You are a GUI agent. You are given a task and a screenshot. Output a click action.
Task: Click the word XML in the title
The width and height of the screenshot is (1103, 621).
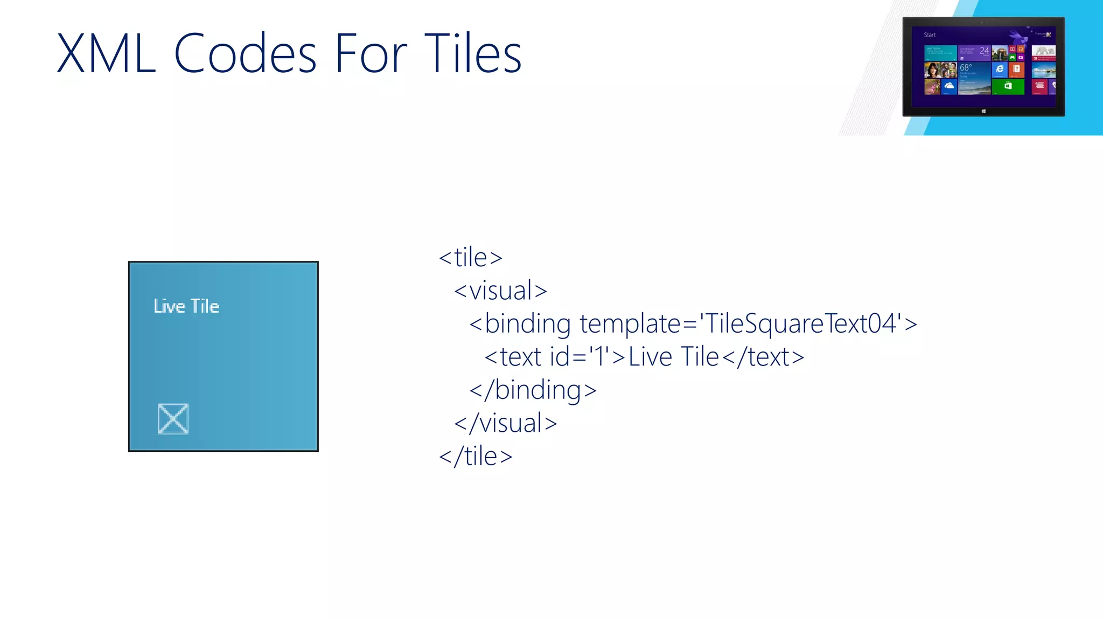[106, 53]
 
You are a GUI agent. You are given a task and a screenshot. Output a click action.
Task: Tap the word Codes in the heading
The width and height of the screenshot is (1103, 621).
[245, 53]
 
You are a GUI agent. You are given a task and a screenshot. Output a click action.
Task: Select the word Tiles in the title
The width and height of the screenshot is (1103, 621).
[472, 53]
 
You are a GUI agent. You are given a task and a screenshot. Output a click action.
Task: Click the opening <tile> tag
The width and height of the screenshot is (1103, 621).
[471, 258]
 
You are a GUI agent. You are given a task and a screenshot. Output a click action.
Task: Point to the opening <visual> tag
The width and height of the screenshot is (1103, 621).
[500, 291]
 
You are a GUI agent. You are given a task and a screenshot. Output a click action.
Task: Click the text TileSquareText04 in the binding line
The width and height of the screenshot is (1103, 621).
[801, 324]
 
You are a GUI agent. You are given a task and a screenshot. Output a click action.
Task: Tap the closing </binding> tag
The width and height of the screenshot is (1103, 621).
[533, 390]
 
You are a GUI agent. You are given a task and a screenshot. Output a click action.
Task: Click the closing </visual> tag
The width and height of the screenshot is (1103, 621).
[505, 424]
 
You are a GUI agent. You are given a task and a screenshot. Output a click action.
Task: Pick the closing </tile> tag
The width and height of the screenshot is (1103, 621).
[476, 457]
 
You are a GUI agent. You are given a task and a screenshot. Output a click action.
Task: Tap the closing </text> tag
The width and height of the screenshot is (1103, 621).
[763, 357]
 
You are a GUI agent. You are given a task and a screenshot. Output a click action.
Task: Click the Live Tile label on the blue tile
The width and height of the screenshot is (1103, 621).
[186, 306]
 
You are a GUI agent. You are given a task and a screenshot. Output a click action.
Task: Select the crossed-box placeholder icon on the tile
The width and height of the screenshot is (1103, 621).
[173, 419]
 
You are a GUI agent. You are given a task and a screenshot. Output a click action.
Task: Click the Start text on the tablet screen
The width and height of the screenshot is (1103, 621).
[930, 35]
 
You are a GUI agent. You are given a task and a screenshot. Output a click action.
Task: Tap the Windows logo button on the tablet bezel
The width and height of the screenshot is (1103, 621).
[983, 111]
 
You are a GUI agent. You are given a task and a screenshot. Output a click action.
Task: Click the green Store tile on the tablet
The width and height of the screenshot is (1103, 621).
[1008, 86]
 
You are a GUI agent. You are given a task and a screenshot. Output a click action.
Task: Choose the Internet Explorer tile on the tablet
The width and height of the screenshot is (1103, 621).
[1000, 70]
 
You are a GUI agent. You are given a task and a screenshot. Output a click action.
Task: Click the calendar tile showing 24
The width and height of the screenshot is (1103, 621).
[974, 53]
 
